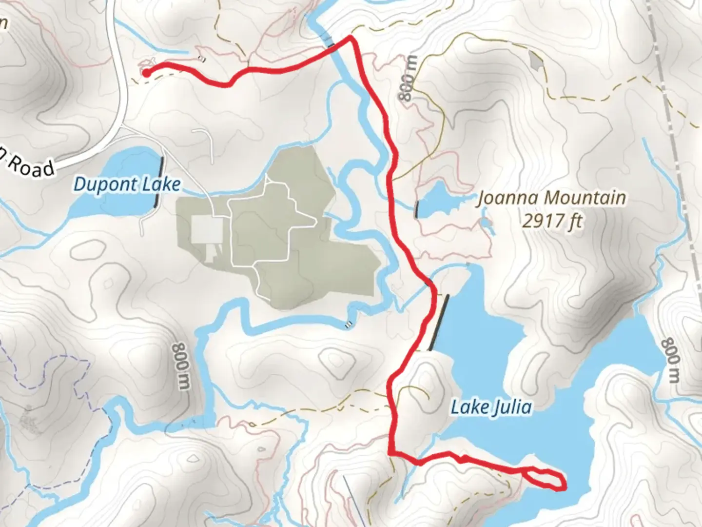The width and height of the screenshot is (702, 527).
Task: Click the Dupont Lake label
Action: pyautogui.click(x=127, y=185)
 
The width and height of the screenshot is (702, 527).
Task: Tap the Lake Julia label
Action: pyautogui.click(x=490, y=406)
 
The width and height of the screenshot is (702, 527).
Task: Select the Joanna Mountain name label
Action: pyautogui.click(x=551, y=198)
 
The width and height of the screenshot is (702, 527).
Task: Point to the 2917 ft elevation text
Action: pyautogui.click(x=552, y=222)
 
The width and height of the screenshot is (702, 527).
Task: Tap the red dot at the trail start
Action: pyautogui.click(x=146, y=73)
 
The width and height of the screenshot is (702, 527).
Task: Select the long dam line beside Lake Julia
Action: pyautogui.click(x=439, y=323)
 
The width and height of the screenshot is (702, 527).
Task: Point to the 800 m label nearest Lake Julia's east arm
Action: pyautogui.click(x=670, y=361)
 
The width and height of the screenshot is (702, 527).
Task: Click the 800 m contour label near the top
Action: pyautogui.click(x=409, y=78)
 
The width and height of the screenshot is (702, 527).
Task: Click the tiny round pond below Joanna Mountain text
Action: pyautogui.click(x=485, y=224)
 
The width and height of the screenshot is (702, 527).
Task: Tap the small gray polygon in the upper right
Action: pyautogui.click(x=535, y=61)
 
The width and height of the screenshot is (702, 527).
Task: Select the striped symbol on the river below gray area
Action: pyautogui.click(x=348, y=324)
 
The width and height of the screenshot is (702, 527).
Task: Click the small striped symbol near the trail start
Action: pyautogui.click(x=202, y=60)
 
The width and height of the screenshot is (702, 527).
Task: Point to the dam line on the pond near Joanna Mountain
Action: pyautogui.click(x=417, y=209)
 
